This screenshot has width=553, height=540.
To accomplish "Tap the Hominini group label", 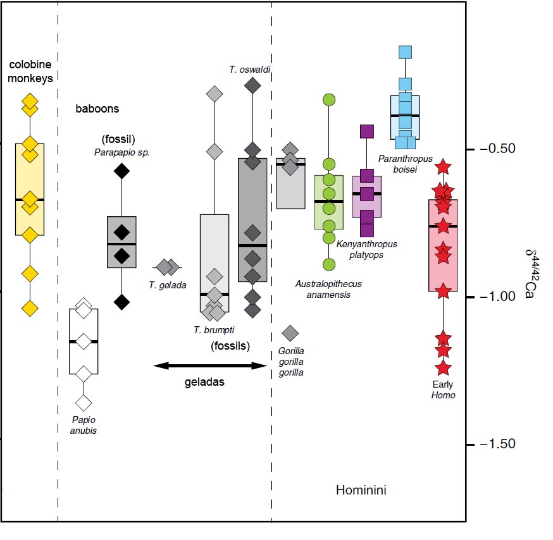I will pyautogui.click(x=361, y=490).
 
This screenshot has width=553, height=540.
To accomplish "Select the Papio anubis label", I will pyautogui.click(x=84, y=425).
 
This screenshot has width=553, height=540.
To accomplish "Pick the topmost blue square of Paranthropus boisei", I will pyautogui.click(x=406, y=52).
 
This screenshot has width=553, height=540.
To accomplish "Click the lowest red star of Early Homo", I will pyautogui.click(x=443, y=367).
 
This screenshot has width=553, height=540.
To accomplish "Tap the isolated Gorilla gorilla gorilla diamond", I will pyautogui.click(x=290, y=332).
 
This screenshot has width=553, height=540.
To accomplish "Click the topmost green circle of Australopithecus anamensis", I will pyautogui.click(x=329, y=99).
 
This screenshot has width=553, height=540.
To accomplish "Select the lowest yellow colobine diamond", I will pyautogui.click(x=30, y=308).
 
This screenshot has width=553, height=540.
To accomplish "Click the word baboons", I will pyautogui.click(x=97, y=109).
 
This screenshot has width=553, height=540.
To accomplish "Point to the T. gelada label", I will pyautogui.click(x=168, y=285).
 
